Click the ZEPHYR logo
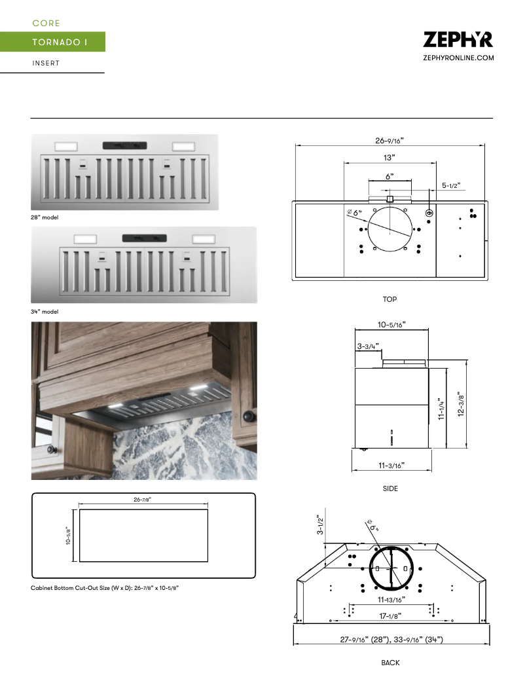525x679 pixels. tap(458, 40)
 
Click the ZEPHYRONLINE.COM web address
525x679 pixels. tap(458, 58)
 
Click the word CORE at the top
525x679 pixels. tap(46, 24)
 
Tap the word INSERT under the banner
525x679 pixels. tap(46, 64)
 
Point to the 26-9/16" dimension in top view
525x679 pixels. tap(389, 140)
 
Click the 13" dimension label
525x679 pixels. tap(389, 158)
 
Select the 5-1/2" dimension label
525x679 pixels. tap(451, 185)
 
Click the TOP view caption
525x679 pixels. tap(389, 299)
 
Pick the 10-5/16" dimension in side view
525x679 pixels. tap(391, 324)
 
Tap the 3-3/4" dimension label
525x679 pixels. tap(367, 345)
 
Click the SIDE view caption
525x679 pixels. tap(390, 488)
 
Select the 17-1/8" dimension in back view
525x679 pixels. tap(389, 615)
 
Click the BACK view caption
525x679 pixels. tap(390, 663)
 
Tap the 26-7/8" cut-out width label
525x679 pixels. tap(143, 500)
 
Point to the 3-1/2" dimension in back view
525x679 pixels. tap(320, 524)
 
